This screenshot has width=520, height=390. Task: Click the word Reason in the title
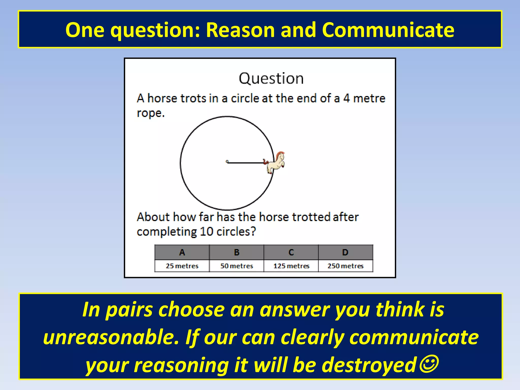click(x=240, y=30)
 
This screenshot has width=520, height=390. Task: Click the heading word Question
click(x=271, y=78)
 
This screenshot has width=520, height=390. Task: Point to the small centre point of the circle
click(x=227, y=161)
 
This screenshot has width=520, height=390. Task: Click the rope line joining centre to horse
click(x=245, y=163)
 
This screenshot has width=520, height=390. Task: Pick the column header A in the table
click(x=182, y=252)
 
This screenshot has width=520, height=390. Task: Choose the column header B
click(x=237, y=252)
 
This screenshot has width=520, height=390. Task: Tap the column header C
click(x=291, y=252)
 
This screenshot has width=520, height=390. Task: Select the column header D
click(x=345, y=252)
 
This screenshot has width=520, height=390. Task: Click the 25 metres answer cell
click(x=182, y=266)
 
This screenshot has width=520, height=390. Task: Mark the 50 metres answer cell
click(x=237, y=266)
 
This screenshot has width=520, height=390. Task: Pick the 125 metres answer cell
click(x=291, y=266)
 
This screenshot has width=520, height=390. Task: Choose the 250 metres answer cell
click(x=345, y=266)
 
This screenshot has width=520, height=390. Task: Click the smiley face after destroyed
click(x=429, y=364)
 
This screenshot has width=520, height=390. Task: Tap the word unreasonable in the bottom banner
click(x=111, y=338)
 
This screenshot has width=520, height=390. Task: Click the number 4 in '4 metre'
click(x=347, y=99)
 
